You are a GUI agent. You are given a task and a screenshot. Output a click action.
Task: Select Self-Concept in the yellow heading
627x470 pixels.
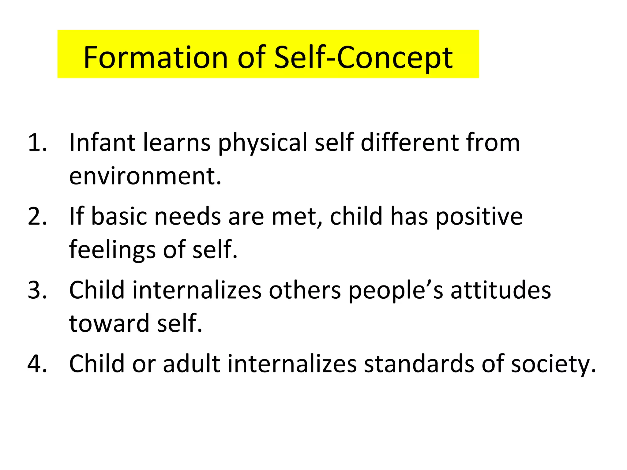(x=363, y=58)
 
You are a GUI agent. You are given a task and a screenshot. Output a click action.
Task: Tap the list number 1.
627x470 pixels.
(x=37, y=143)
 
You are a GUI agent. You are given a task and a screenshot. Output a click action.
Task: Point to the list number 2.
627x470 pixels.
(x=37, y=216)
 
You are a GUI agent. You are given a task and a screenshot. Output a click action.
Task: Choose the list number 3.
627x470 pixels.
(x=37, y=290)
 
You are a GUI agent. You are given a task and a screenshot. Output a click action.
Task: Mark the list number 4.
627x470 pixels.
(x=37, y=364)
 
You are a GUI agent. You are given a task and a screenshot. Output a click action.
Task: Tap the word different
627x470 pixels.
(x=410, y=143)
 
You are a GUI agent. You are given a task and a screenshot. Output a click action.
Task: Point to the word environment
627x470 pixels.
(x=145, y=177)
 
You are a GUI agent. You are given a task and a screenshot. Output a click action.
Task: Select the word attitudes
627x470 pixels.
(x=501, y=290)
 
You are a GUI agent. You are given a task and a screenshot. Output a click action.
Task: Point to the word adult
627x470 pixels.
(x=191, y=364)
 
